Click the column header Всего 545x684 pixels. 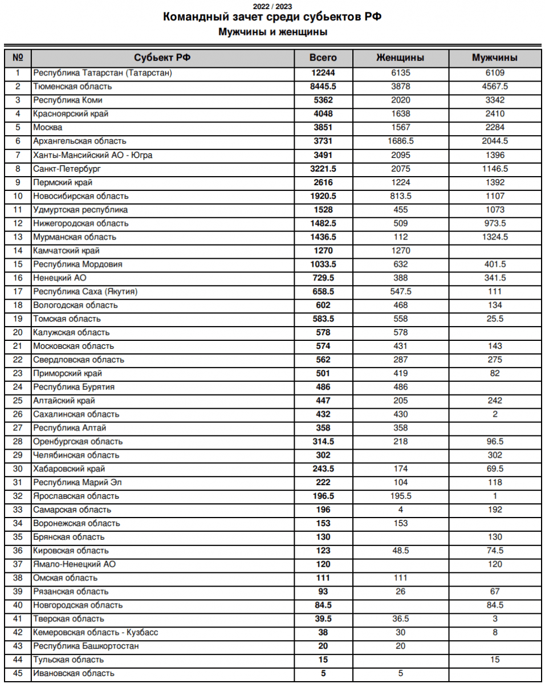323,58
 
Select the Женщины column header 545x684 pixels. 400,58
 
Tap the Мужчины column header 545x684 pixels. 494,58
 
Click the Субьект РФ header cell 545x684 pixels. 162,58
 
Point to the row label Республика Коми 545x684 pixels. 68,100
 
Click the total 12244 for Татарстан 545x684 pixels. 323,73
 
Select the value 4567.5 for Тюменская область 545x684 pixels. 494,87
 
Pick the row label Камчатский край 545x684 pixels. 67,250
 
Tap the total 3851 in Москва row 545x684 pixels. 323,128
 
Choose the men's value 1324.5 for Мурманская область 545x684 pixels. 494,237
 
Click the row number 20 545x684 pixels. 18,332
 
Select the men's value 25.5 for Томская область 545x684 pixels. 494,319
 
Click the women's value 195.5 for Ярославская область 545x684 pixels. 400,496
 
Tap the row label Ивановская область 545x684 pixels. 74,673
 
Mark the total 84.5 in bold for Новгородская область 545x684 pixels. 323,605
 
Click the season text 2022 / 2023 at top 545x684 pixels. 272,6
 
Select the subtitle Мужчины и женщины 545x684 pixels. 272,32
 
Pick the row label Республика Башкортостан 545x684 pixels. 86,646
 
